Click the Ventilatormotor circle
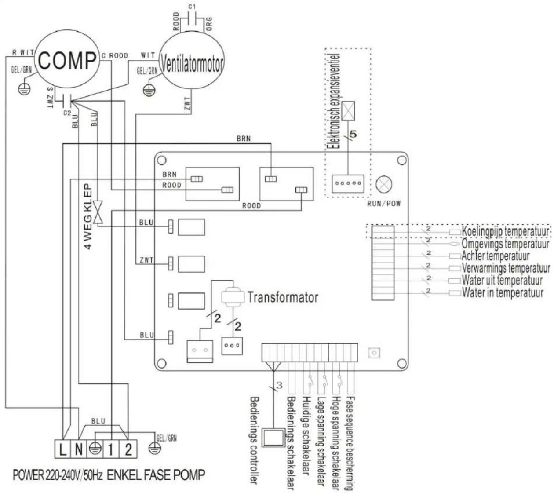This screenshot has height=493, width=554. pyautogui.click(x=191, y=64)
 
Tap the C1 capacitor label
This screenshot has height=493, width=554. pyautogui.click(x=192, y=7)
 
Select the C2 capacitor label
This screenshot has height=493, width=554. pyautogui.click(x=67, y=113)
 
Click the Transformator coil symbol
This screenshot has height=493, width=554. pyautogui.click(x=232, y=297)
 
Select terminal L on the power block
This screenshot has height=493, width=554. pyautogui.click(x=63, y=449)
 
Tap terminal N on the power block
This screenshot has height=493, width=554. pyautogui.click(x=78, y=449)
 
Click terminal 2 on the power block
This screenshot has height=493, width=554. pyautogui.click(x=128, y=449)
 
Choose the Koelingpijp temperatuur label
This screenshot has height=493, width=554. pyautogui.click(x=505, y=231)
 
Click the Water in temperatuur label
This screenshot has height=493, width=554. pyautogui.click(x=502, y=293)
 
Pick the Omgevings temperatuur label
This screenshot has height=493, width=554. pyautogui.click(x=505, y=243)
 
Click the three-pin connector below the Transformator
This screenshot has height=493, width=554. pyautogui.click(x=232, y=345)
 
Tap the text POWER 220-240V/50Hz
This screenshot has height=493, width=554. pyautogui.click(x=58, y=475)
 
